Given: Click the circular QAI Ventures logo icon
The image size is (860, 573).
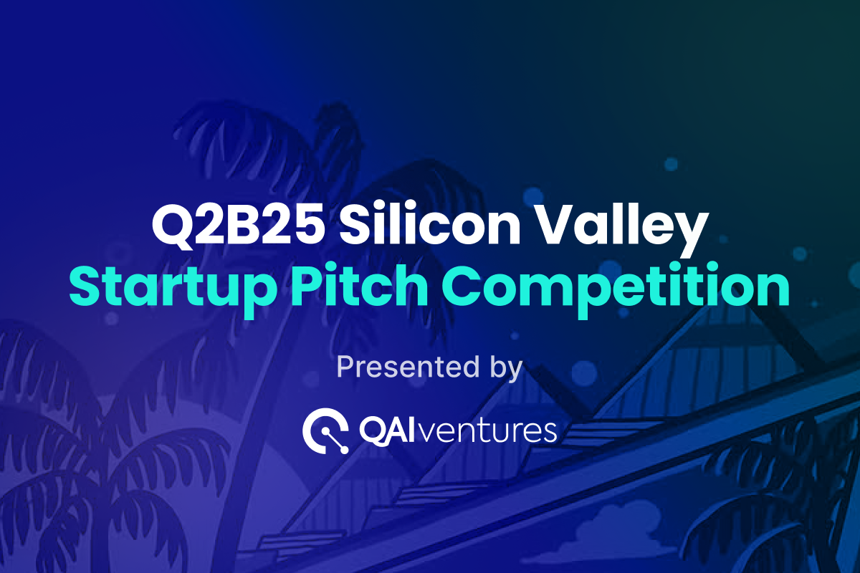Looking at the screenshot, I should point(325,430).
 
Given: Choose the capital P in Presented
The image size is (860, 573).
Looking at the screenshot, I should point(345,367).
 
